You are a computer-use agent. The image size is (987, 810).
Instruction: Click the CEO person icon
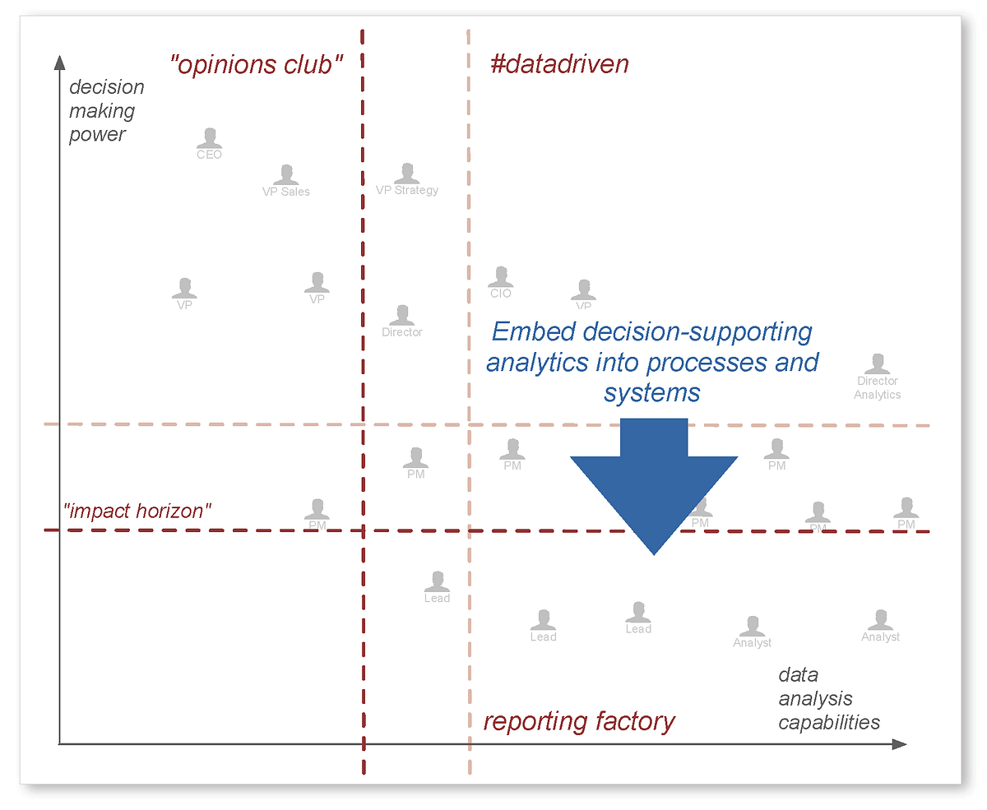210,137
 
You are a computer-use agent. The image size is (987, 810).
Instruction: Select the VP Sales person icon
285,174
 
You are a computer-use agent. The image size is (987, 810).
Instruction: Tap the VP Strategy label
407,190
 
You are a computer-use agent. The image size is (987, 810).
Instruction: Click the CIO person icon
500,277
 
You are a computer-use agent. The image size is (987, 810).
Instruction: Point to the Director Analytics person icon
878,364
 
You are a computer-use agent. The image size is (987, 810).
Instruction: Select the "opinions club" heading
256,65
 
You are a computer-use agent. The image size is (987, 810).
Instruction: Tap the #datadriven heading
559,65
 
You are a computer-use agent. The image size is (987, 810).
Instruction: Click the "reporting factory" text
579,721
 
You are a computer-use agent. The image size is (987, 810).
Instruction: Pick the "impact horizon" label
137,511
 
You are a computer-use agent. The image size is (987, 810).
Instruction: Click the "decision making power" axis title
107,110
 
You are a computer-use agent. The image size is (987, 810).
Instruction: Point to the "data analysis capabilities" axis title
829,699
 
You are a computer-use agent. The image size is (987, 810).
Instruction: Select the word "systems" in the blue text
651,393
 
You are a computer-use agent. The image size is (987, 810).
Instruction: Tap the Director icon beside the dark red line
402,315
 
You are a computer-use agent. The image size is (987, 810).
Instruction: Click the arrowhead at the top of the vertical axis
58,62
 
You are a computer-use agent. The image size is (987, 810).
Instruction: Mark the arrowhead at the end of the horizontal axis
899,744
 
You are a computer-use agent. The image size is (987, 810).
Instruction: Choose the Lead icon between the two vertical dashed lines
437,581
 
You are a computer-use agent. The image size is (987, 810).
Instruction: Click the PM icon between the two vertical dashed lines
415,457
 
